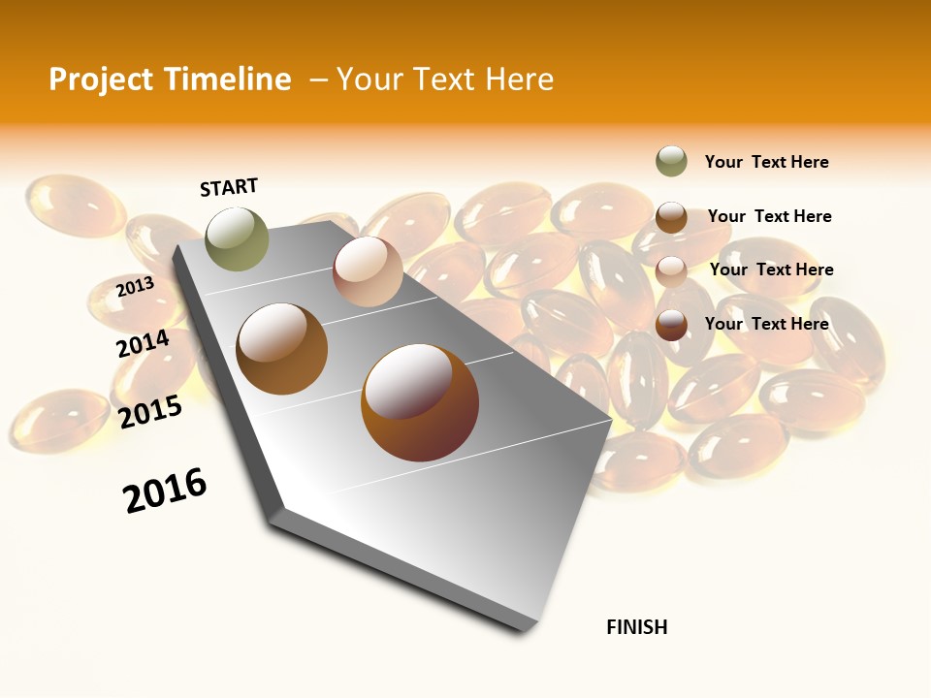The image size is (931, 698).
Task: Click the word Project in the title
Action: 101,79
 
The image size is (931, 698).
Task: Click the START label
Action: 229,187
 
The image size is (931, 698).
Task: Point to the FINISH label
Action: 637,627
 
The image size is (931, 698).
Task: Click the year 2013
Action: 135,287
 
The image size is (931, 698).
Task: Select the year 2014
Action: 143,344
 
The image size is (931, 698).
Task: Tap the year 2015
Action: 150,412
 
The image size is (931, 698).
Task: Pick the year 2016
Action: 165,491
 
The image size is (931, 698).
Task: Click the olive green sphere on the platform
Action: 238,238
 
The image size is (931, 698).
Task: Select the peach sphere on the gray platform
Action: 368,271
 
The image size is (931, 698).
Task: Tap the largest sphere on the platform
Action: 420,402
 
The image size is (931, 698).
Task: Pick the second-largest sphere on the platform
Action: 282,349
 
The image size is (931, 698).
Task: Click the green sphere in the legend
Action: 671,162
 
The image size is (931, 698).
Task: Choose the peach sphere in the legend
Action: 671,271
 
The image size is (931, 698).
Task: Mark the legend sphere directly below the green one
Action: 671,217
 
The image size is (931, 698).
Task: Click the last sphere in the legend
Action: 671,325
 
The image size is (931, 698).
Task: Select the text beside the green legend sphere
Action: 766,162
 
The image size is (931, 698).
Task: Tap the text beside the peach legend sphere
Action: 771,270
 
